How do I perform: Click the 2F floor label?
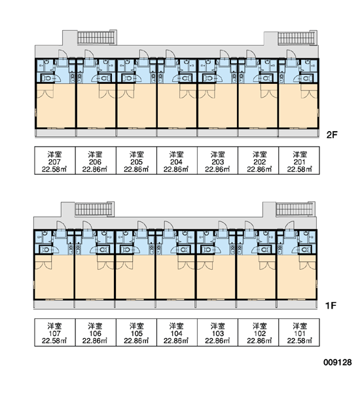point(332,135)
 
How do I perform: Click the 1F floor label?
point(331,306)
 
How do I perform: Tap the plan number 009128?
point(338,362)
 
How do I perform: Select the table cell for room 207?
point(55,160)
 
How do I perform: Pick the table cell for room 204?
point(177,160)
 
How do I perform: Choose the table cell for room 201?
point(299,160)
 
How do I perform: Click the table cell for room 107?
point(55,332)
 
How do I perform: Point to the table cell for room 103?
point(218,332)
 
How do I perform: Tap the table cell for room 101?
point(299,332)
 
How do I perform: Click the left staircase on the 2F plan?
point(96,37)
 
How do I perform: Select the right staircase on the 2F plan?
point(297,38)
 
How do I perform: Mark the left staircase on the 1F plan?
point(94,209)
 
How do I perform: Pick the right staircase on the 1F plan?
point(295,209)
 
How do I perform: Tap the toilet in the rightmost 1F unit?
point(304,250)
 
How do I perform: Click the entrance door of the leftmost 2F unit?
point(63,58)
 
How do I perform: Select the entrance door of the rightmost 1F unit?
point(289,229)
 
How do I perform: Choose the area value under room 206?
point(95,170)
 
